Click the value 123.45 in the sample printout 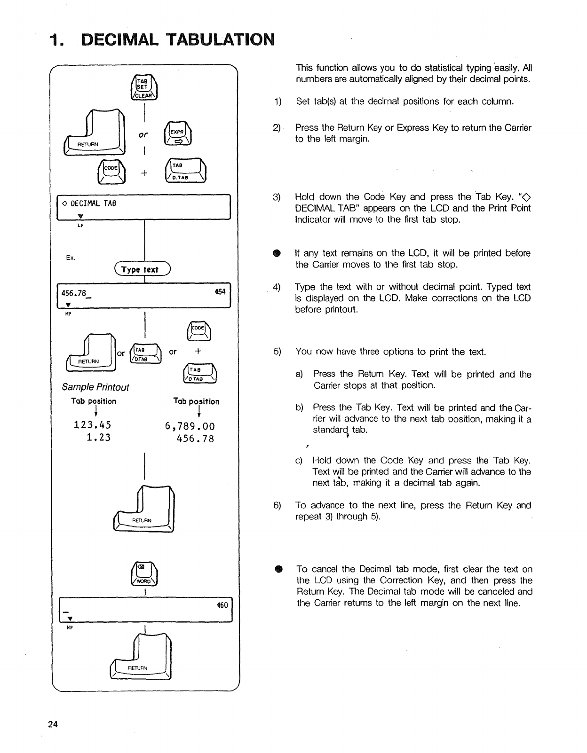click(x=93, y=425)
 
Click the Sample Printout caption click(x=95, y=387)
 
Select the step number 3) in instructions click(x=277, y=197)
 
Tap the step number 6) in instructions click(x=277, y=505)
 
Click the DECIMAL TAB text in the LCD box click(x=93, y=204)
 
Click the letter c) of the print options click(x=299, y=461)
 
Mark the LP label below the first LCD click(x=80, y=226)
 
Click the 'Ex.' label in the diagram click(x=71, y=258)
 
